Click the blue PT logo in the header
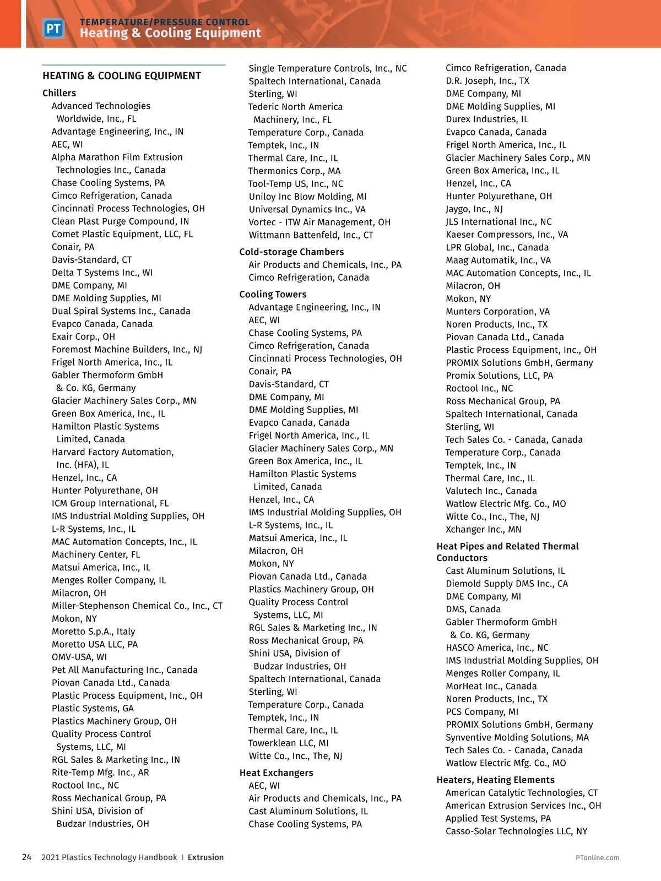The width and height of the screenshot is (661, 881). (x=53, y=28)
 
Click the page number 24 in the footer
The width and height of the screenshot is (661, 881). (x=26, y=857)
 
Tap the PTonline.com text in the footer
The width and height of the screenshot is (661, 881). (x=597, y=857)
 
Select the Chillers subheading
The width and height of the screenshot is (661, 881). (x=59, y=93)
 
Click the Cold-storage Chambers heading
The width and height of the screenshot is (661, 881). (x=291, y=252)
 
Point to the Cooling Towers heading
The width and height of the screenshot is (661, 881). (x=273, y=294)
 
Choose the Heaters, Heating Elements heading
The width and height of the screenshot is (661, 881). (x=495, y=780)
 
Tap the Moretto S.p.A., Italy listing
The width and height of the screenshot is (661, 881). (x=93, y=631)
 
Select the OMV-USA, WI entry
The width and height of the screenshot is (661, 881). (x=79, y=657)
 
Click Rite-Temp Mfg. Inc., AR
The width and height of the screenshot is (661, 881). (x=100, y=772)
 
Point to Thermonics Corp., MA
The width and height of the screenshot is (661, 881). (x=294, y=171)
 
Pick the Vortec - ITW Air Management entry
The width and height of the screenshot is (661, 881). (x=319, y=222)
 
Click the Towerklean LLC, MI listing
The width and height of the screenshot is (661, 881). (x=288, y=743)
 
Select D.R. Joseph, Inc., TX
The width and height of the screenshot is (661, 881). (x=487, y=80)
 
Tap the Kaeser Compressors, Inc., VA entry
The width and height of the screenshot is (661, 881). (x=506, y=235)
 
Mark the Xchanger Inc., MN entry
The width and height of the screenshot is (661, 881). (x=483, y=529)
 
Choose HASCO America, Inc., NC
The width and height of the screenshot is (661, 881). (x=497, y=648)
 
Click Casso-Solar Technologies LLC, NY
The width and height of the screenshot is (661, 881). (x=516, y=831)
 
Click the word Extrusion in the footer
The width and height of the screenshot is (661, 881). (x=205, y=857)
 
